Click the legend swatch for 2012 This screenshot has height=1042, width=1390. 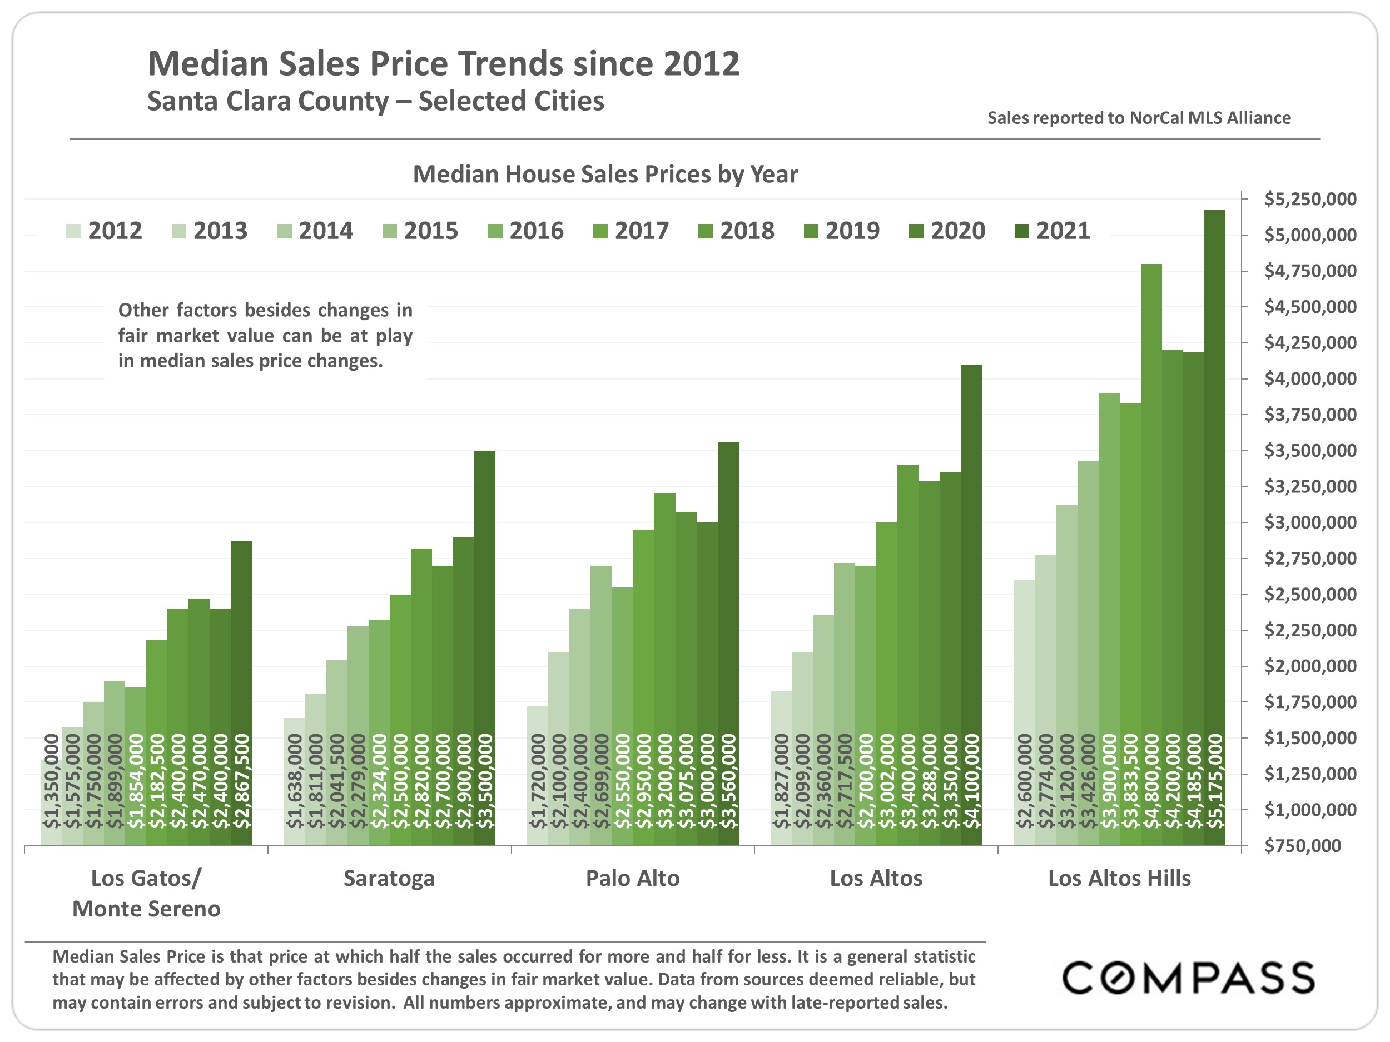click(x=73, y=231)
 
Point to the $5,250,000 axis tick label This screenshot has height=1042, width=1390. click(x=1310, y=199)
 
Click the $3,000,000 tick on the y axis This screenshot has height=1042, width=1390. click(x=1310, y=522)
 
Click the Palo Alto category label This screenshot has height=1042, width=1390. click(x=632, y=878)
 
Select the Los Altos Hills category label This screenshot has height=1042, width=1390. click(x=1119, y=878)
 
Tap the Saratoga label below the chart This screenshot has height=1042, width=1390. click(x=389, y=878)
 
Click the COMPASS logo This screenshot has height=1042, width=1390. click(x=1188, y=978)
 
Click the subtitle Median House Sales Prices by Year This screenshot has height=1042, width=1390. click(x=605, y=174)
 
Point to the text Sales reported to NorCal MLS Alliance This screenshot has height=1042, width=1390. click(x=1139, y=118)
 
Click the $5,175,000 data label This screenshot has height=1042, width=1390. click(x=1215, y=781)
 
